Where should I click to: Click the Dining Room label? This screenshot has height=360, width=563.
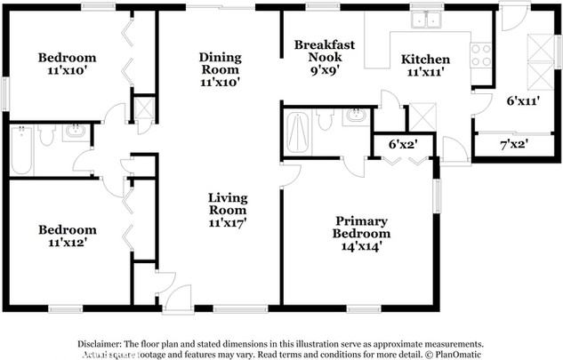[220, 68]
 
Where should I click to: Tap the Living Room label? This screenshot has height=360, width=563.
[228, 210]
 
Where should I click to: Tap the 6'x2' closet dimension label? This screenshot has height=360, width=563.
[404, 143]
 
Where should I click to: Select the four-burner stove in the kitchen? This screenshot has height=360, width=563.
[480, 55]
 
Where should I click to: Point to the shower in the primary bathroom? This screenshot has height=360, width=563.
[298, 133]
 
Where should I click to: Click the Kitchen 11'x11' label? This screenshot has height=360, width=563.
[425, 67]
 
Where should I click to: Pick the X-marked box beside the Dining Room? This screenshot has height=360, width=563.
[143, 108]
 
